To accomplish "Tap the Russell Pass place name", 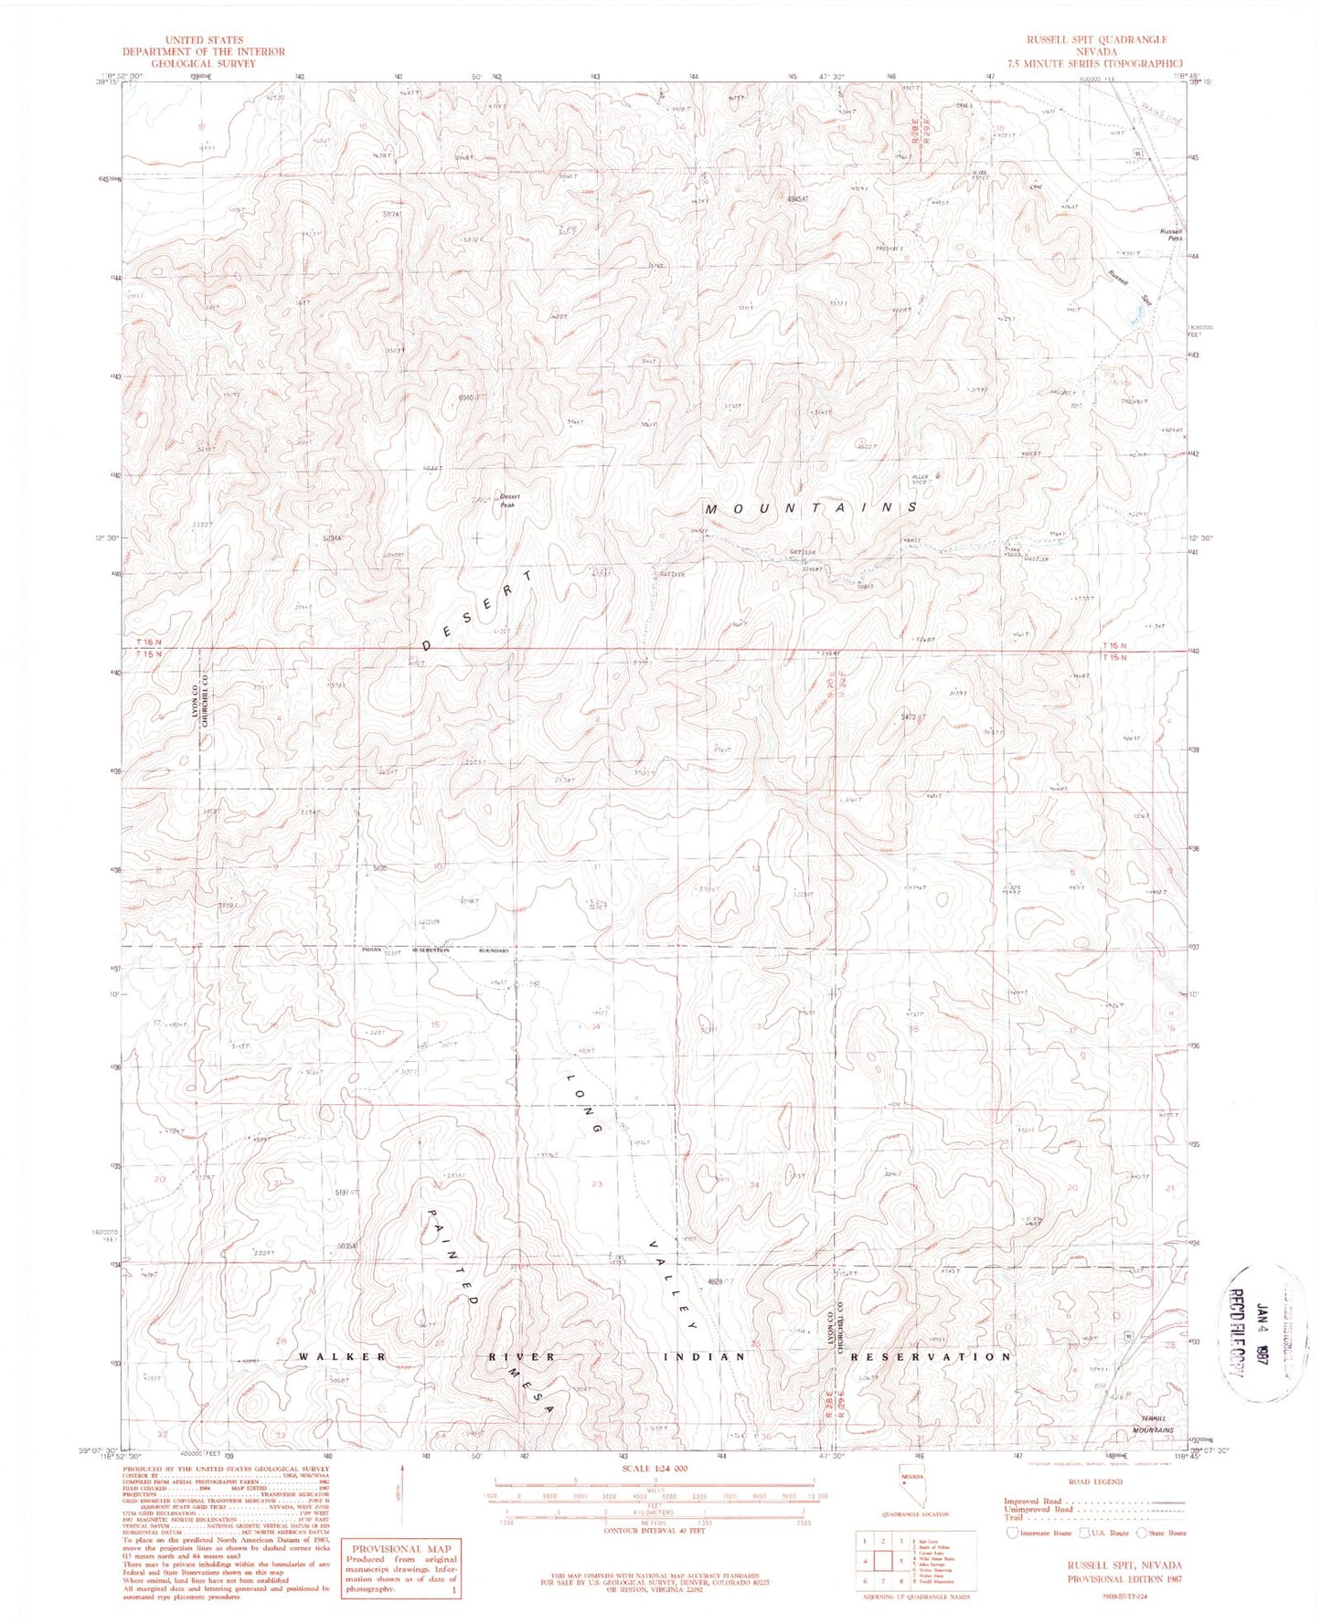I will [1171, 234].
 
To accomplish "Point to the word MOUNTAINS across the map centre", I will [810, 507].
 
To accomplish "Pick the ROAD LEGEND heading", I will [1093, 1506].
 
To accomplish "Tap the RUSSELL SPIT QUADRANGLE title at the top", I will [1095, 40].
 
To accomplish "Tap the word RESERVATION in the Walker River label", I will [931, 1356].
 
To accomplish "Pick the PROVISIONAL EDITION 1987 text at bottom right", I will [1124, 1579].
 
